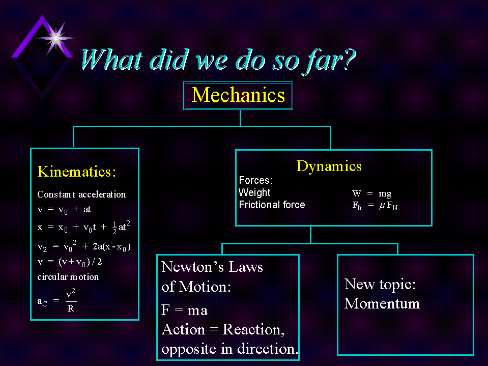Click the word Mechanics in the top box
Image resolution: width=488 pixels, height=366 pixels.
[x=238, y=95]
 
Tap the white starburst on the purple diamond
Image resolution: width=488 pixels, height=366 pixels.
[x=56, y=38]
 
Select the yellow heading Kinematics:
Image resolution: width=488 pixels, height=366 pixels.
[x=76, y=172]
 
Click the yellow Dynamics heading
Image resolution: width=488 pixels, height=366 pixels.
[x=329, y=166]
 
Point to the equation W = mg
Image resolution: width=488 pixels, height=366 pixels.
[x=372, y=194]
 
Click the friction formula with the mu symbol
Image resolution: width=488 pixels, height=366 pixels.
[x=375, y=206]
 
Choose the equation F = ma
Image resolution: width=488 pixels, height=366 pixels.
[x=184, y=311]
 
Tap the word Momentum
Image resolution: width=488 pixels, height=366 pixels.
[x=382, y=303]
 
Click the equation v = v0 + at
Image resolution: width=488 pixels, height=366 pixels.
[x=64, y=210]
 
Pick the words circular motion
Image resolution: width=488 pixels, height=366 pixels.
[x=68, y=277]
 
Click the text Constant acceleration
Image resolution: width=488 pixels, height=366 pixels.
[x=81, y=194]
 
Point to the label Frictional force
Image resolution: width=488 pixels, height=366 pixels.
[x=272, y=205]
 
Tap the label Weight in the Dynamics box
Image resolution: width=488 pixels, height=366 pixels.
[x=254, y=192]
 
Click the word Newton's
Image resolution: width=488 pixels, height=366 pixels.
[x=192, y=267]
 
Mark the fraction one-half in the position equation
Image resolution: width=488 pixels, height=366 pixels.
[x=114, y=228]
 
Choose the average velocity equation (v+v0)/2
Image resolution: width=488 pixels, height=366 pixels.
[x=70, y=262]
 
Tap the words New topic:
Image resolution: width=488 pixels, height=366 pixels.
[x=380, y=285]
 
